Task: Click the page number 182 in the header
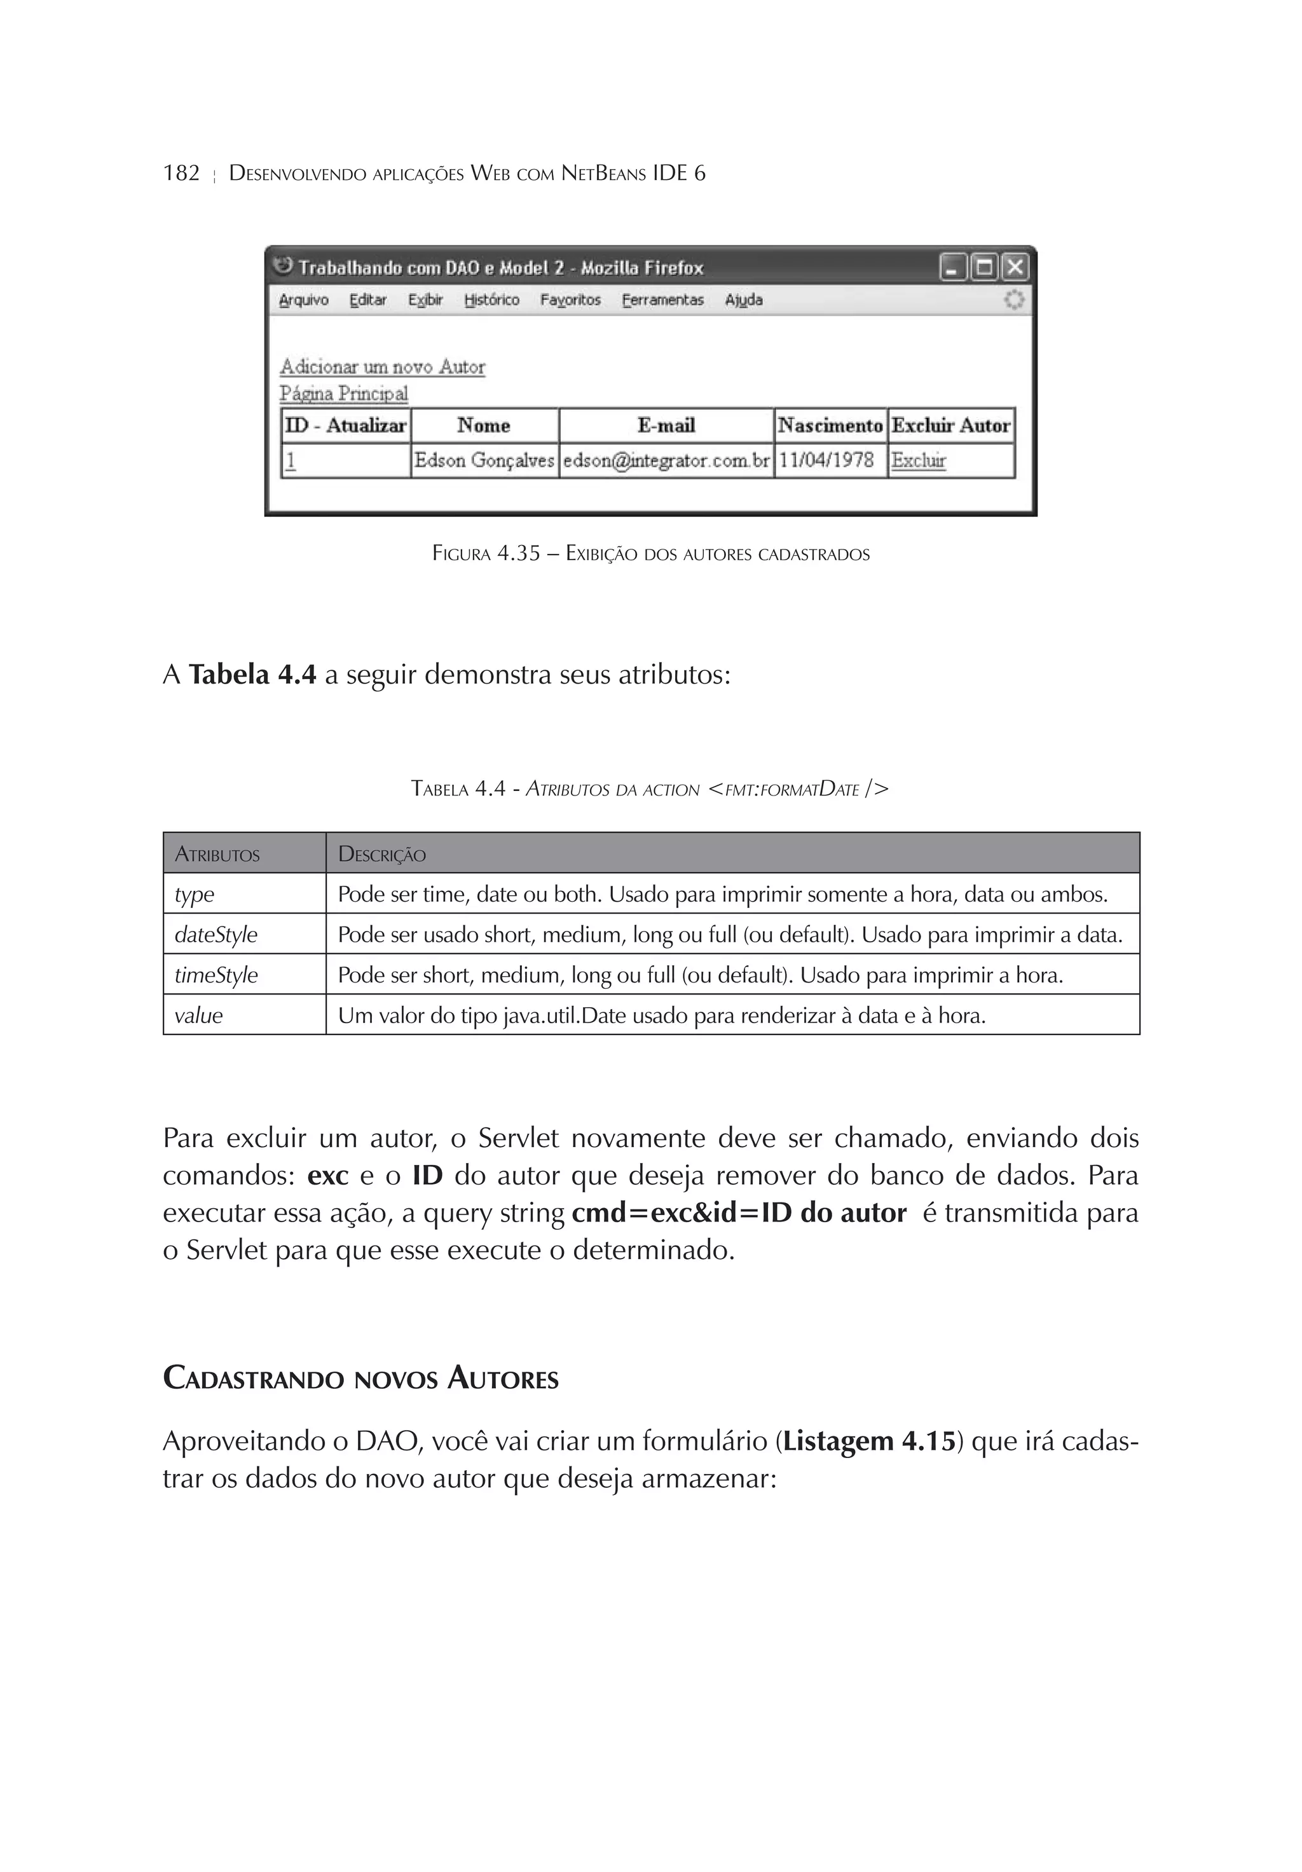pyautogui.click(x=181, y=173)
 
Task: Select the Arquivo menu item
pyautogui.click(x=303, y=300)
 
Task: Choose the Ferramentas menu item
pyautogui.click(x=662, y=300)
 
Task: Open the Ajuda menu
pyautogui.click(x=744, y=300)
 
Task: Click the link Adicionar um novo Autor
pyautogui.click(x=382, y=367)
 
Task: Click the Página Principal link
pyautogui.click(x=343, y=394)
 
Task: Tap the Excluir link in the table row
pyautogui.click(x=918, y=460)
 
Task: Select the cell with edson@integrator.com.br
pyautogui.click(x=666, y=460)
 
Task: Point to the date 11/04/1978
pyautogui.click(x=826, y=460)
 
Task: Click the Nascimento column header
pyautogui.click(x=830, y=425)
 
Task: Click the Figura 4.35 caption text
pyautogui.click(x=650, y=554)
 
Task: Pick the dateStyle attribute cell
pyautogui.click(x=216, y=934)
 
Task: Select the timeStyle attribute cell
pyautogui.click(x=216, y=975)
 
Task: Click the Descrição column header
pyautogui.click(x=381, y=855)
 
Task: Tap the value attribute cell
pyautogui.click(x=198, y=1016)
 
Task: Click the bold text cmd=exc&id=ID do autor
pyautogui.click(x=739, y=1213)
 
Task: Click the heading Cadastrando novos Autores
pyautogui.click(x=360, y=1379)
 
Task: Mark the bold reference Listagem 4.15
pyautogui.click(x=868, y=1442)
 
